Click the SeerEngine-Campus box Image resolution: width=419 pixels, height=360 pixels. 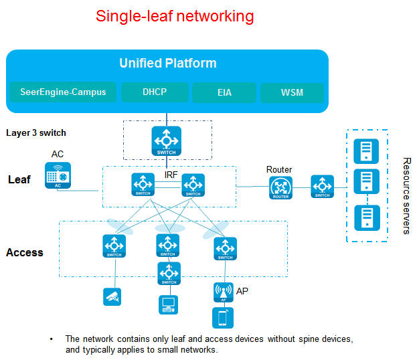click(x=63, y=92)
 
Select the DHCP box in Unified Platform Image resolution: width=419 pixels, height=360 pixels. click(x=155, y=92)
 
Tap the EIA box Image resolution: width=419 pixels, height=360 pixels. click(x=224, y=92)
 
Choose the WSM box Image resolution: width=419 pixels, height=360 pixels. click(x=292, y=92)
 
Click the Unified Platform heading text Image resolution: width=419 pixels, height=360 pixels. click(x=168, y=64)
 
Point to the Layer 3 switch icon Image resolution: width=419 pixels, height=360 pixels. click(x=167, y=141)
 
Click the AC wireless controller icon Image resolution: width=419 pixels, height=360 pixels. click(x=58, y=175)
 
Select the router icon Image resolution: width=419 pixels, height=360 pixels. click(x=280, y=188)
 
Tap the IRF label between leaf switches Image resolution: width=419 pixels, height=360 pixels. click(x=171, y=175)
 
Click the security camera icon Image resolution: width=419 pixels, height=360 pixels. click(x=112, y=296)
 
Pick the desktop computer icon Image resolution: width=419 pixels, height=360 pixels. click(x=169, y=304)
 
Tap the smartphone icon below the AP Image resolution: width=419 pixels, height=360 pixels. click(x=223, y=318)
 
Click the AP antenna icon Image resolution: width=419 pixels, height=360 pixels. click(x=224, y=292)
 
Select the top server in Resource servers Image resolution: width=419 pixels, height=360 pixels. click(x=366, y=151)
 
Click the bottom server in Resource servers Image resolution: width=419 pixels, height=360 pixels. click(x=367, y=217)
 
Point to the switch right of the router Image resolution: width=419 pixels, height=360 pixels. click(x=322, y=187)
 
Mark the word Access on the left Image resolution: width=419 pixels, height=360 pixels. click(x=25, y=252)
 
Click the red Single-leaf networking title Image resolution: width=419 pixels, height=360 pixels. click(x=175, y=16)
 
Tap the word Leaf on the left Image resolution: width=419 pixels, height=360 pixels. click(x=19, y=179)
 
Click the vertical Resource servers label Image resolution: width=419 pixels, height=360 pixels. click(x=406, y=196)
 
